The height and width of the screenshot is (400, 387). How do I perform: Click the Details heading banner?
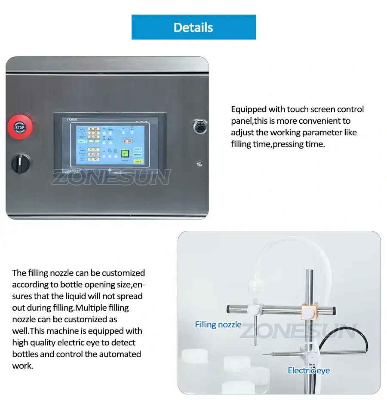193,27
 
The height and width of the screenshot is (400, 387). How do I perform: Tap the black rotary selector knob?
20,164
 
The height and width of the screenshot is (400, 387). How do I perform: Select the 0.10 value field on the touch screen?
94,128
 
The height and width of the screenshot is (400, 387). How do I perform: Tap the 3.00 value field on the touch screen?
94,137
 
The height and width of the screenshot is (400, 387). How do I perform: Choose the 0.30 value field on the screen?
127,141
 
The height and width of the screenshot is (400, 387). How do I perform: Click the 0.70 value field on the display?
94,150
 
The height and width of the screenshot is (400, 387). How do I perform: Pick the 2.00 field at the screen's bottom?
94,159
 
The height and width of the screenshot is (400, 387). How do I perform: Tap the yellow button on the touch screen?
138,162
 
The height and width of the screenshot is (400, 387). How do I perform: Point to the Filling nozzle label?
218,324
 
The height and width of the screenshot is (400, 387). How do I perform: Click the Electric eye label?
309,370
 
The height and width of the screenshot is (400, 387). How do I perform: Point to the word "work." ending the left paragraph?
22,366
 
